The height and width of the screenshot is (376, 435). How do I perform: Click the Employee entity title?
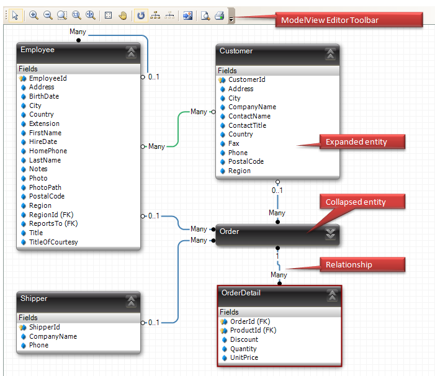point(37,50)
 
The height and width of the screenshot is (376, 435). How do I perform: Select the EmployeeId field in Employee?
point(48,78)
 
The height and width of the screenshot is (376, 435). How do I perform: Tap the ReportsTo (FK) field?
point(53,223)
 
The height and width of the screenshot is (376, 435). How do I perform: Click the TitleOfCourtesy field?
point(53,242)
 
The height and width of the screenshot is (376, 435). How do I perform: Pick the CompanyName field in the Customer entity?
point(252,107)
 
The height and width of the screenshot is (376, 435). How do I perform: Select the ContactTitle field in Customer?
point(247,125)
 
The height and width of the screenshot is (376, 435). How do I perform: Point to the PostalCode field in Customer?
point(246,161)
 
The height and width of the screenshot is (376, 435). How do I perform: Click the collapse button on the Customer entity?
point(330,53)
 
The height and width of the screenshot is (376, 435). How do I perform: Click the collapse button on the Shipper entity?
point(131,301)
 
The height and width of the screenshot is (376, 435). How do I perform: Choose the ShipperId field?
point(44,327)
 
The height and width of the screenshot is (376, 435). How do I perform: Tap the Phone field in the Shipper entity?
point(38,345)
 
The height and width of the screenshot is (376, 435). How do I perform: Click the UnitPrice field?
point(243,357)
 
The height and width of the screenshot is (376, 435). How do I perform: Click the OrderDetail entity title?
point(241,293)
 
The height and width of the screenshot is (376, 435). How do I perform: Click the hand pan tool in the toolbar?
point(123,16)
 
